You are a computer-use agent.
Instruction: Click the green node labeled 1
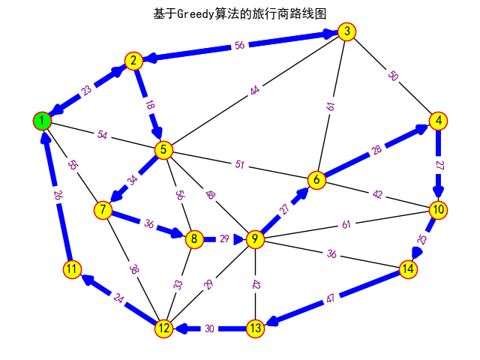coord(43,121)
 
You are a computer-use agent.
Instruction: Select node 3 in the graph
coord(346,31)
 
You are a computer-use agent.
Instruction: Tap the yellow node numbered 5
coord(163,150)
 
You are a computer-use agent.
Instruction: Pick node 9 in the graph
coord(256,239)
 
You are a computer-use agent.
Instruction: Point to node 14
coord(408,268)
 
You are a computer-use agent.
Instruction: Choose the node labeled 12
coord(164,328)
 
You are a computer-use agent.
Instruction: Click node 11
coord(72,268)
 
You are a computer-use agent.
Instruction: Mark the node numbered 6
coord(316,179)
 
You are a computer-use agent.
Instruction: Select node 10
coord(438,209)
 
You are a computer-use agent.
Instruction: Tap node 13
coord(256,328)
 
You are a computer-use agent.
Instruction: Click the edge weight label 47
coord(331,298)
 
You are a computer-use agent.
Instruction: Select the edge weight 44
coord(255,91)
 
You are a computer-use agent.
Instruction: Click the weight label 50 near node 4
coord(392,76)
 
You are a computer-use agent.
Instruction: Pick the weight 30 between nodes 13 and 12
coord(210,328)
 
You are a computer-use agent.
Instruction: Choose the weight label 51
coord(240,164)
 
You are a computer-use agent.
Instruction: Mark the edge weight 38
coord(133,268)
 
